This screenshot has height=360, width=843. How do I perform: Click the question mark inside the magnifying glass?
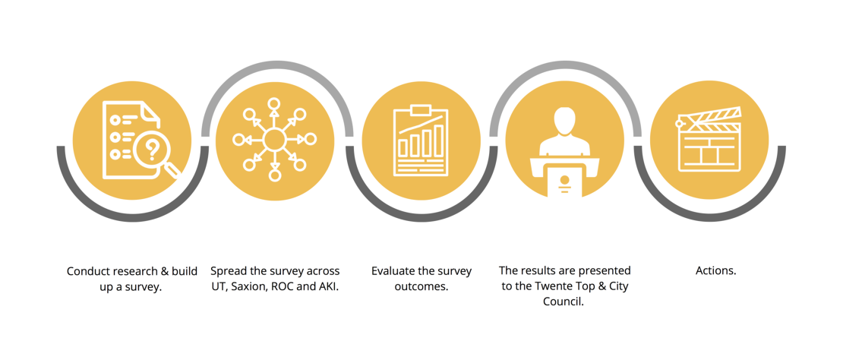[153, 148]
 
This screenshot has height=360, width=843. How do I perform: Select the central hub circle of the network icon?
[274, 140]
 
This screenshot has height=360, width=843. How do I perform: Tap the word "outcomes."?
[421, 287]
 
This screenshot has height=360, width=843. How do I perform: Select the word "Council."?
[564, 302]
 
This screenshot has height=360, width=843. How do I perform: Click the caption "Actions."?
[715, 271]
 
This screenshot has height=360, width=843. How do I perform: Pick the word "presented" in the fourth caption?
[609, 271]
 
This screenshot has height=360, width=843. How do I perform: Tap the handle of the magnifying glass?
[172, 170]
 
